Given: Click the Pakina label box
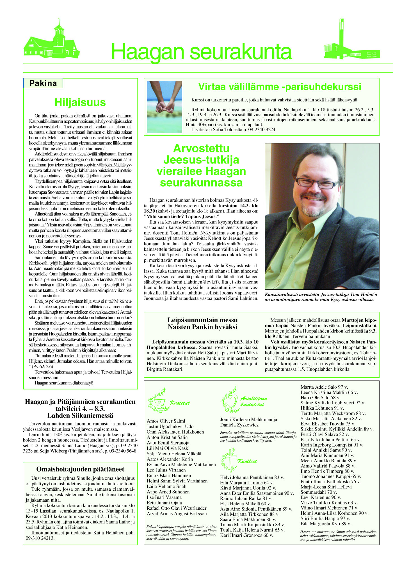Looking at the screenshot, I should [43, 83].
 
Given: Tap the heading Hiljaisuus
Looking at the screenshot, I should [80, 102].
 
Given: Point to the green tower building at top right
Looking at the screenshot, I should [351, 42].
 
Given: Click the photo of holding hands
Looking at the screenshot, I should [164, 107].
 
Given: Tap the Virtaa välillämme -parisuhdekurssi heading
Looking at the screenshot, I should [280, 87].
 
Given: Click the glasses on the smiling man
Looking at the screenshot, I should [317, 182].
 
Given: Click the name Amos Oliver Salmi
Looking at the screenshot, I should [166, 421].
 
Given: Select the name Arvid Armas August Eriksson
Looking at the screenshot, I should [177, 514].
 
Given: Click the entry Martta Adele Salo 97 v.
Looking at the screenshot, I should [324, 387].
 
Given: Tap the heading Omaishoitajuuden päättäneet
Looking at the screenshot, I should [80, 469].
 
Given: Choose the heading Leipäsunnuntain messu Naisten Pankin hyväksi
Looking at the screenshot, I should [202, 323].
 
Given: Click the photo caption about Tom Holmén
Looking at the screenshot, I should [321, 297].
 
